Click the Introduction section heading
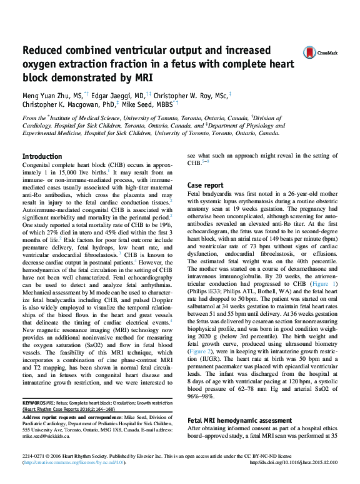tap(42, 156)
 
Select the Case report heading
tap(206, 186)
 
